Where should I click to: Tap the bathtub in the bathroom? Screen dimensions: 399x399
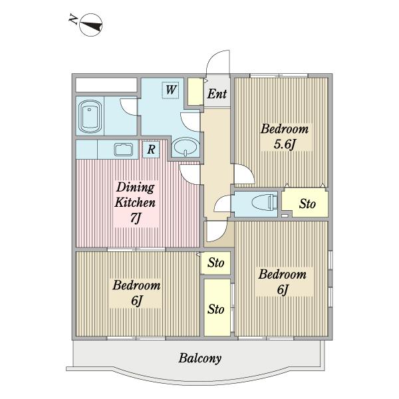point(90,116)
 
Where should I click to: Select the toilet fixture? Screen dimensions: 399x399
point(265,203)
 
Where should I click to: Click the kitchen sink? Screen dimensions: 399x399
point(124,150)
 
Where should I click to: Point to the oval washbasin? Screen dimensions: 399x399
point(186,147)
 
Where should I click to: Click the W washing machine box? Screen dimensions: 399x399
point(171,90)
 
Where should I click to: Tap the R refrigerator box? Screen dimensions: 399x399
point(151,150)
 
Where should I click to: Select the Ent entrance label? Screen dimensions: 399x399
point(217,94)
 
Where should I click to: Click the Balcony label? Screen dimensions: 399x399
point(199,358)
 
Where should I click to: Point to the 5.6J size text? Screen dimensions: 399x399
point(285,144)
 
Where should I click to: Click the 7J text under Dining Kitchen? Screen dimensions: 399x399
point(136,217)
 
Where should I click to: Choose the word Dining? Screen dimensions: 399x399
point(136,188)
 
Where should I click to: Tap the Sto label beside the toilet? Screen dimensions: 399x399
point(307,204)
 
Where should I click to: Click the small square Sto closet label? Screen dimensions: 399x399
point(215,263)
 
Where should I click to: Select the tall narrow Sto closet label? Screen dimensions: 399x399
point(215,309)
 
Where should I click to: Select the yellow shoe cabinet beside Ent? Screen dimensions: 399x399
point(196,92)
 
